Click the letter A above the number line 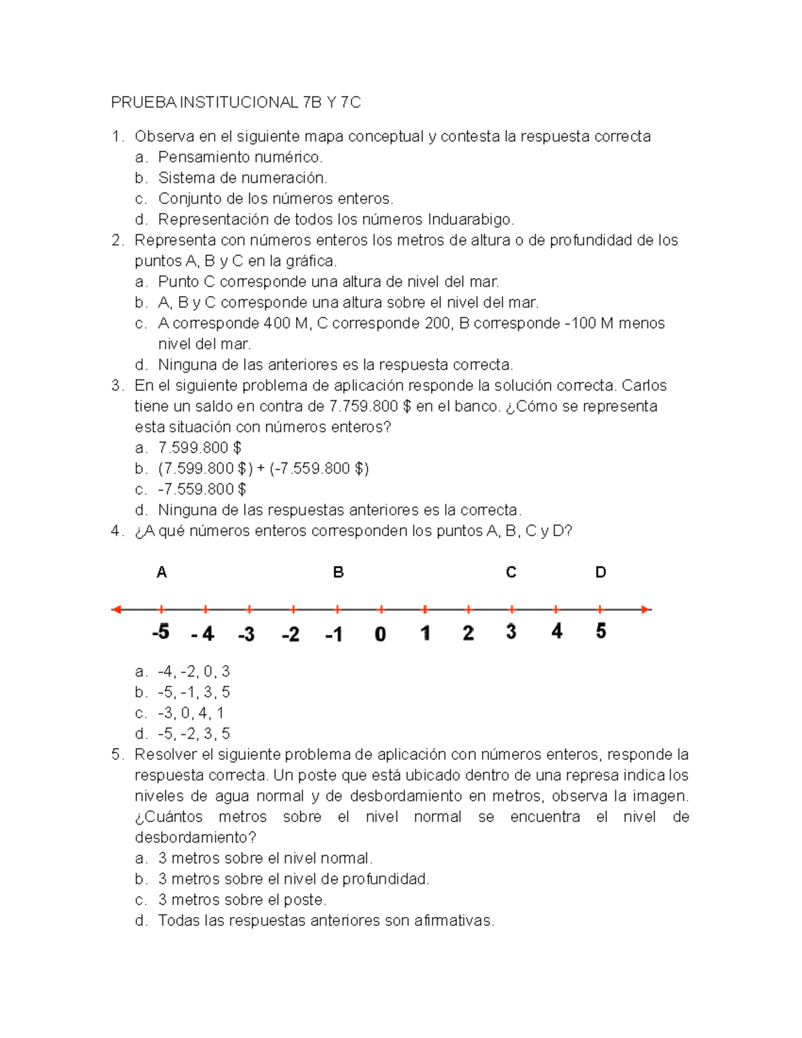click(x=162, y=572)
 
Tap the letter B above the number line click(x=338, y=572)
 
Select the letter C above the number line click(x=511, y=572)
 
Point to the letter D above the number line click(x=600, y=572)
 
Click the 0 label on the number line click(x=380, y=634)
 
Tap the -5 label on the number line click(x=160, y=632)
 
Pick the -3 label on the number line click(x=246, y=634)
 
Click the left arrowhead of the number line click(x=116, y=609)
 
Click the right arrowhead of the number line click(x=646, y=609)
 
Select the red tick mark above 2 click(x=469, y=609)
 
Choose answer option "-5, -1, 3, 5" click(x=194, y=692)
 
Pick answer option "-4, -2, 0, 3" click(x=194, y=671)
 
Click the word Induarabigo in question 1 click(x=471, y=219)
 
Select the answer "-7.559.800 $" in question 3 click(x=202, y=489)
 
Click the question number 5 click(x=117, y=755)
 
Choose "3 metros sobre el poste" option click(x=242, y=900)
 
